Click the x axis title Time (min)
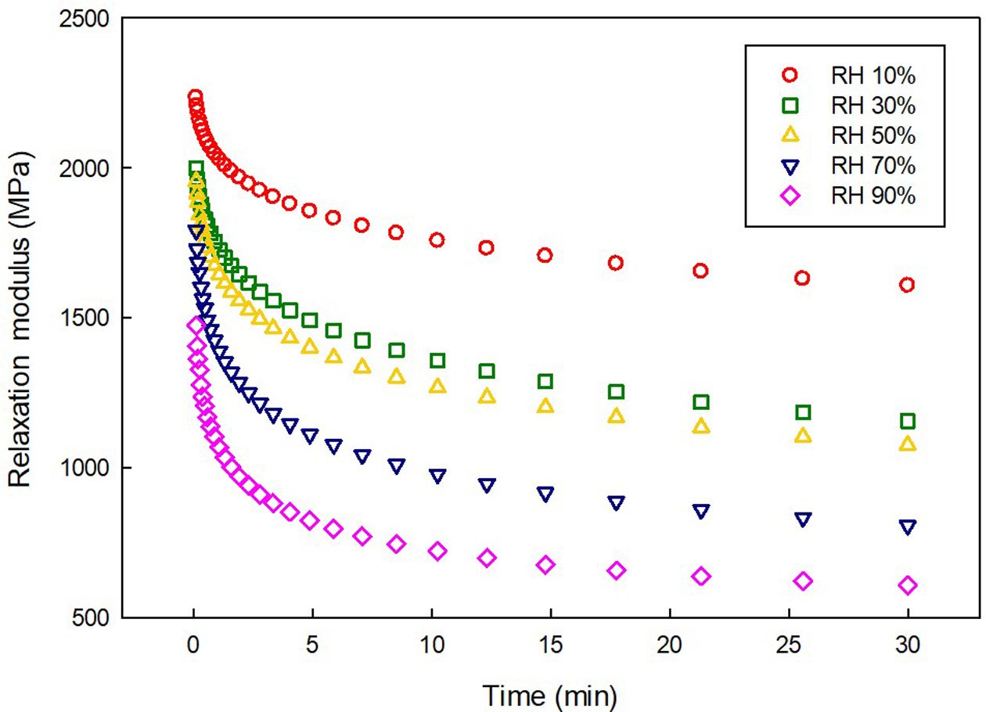(x=549, y=694)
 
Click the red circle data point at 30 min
(x=908, y=285)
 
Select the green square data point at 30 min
(x=908, y=422)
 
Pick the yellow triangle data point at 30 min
(x=908, y=444)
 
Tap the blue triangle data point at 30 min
(x=908, y=527)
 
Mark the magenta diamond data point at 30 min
(x=908, y=585)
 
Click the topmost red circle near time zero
(x=195, y=97)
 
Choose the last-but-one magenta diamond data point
(x=802, y=581)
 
